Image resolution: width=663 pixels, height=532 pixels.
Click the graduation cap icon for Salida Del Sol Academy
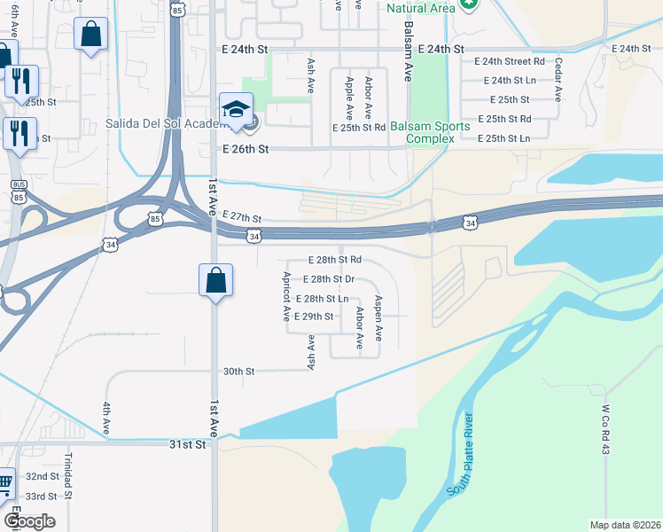(x=237, y=109)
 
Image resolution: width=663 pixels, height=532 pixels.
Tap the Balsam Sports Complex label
(x=438, y=132)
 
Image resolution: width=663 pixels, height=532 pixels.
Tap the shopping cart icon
(x=4, y=483)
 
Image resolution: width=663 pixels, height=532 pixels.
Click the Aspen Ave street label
(x=378, y=318)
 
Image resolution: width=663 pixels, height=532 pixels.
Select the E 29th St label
(x=313, y=317)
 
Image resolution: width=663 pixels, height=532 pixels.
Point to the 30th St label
(x=238, y=372)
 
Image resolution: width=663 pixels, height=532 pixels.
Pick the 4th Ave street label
(x=105, y=418)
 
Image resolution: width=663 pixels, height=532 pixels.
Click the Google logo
(x=30, y=520)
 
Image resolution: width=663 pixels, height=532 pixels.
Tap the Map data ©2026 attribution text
(x=624, y=525)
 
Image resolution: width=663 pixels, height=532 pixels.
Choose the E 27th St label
(x=242, y=217)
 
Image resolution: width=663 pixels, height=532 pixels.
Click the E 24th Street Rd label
(x=509, y=61)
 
